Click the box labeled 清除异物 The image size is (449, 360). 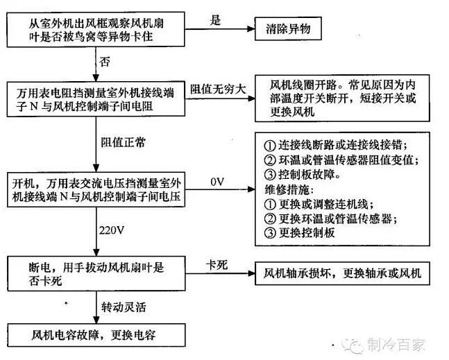click(288, 28)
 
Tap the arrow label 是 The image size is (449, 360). click(215, 20)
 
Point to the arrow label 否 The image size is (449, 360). click(105, 62)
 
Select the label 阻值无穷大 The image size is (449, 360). click(218, 89)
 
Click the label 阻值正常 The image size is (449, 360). click(123, 142)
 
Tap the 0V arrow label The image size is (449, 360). click(217, 182)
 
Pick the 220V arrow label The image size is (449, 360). click(112, 230)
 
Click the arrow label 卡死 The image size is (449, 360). click(217, 265)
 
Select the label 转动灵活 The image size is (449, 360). click(124, 307)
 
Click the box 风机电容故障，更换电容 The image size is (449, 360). click(96, 335)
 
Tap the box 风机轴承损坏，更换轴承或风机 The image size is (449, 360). click(342, 273)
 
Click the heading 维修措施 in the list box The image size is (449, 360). click(289, 189)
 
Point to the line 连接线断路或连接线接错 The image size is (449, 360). click(336, 146)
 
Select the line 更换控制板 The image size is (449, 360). click(300, 232)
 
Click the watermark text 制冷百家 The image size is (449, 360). click(396, 344)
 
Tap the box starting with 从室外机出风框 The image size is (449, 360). click(96, 29)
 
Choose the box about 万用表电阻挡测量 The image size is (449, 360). click(96, 99)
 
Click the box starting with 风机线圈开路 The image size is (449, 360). click(342, 98)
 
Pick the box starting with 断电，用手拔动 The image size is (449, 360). click(96, 274)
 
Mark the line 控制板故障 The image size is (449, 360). click(303, 175)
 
